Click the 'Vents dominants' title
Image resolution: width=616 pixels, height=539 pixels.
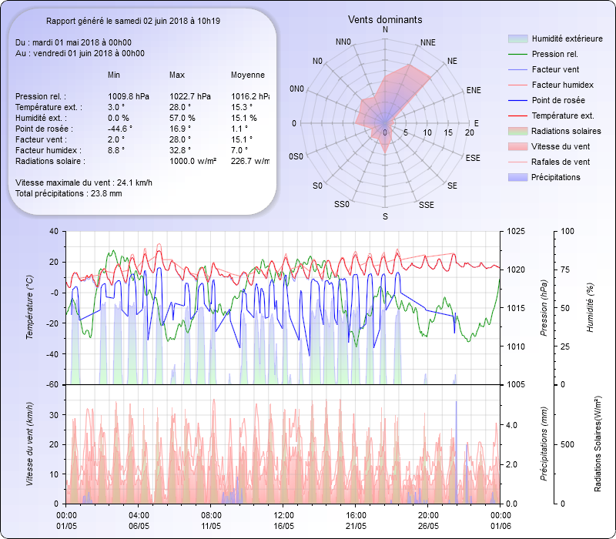(385, 19)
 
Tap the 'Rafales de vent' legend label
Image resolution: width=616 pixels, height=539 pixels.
(561, 162)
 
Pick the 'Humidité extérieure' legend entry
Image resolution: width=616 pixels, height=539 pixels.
(567, 38)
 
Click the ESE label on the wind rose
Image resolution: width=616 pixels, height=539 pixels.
(474, 158)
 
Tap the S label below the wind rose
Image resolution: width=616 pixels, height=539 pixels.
(385, 217)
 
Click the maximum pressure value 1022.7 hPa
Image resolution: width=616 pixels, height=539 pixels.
(191, 96)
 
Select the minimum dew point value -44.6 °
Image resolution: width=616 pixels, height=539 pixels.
(120, 129)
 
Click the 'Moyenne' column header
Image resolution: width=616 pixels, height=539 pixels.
(248, 75)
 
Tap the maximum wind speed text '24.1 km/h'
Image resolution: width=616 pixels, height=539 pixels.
(134, 182)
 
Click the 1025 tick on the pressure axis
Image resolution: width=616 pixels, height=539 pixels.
(517, 231)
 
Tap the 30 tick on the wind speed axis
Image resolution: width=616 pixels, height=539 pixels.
(54, 414)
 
